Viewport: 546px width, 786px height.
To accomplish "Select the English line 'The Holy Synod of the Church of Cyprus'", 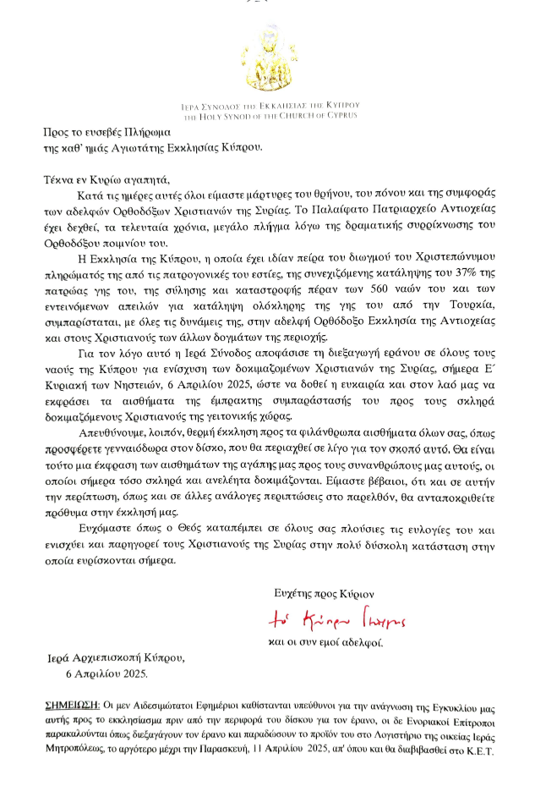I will coord(273,114).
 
